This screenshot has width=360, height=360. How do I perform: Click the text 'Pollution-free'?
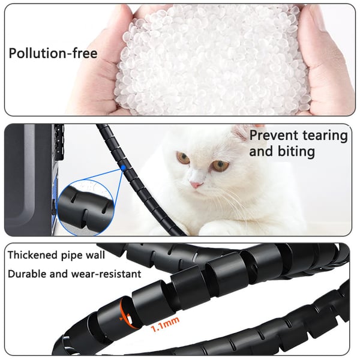[53, 53]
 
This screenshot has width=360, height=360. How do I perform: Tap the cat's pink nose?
[197, 185]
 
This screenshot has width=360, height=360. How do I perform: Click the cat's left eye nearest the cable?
[183, 158]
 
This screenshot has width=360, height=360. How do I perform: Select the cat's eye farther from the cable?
[221, 166]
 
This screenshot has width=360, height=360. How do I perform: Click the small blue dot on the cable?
[123, 168]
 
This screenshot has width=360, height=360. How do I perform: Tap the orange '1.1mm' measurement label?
[165, 323]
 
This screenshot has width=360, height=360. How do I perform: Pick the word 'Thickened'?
[33, 255]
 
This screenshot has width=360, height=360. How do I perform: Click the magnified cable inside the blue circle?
[85, 208]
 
